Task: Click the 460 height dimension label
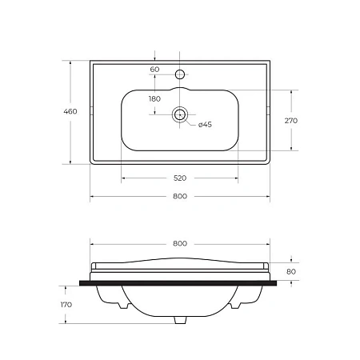[x=70, y=111]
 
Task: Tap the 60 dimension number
[x=154, y=70]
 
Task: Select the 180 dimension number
[x=154, y=99]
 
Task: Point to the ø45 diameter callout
[x=205, y=125]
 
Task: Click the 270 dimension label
[x=291, y=121]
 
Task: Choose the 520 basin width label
[x=180, y=178]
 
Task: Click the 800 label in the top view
[x=180, y=196]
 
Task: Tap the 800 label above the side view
[x=180, y=243]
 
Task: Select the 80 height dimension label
[x=291, y=271]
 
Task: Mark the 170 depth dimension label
[x=66, y=305]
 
